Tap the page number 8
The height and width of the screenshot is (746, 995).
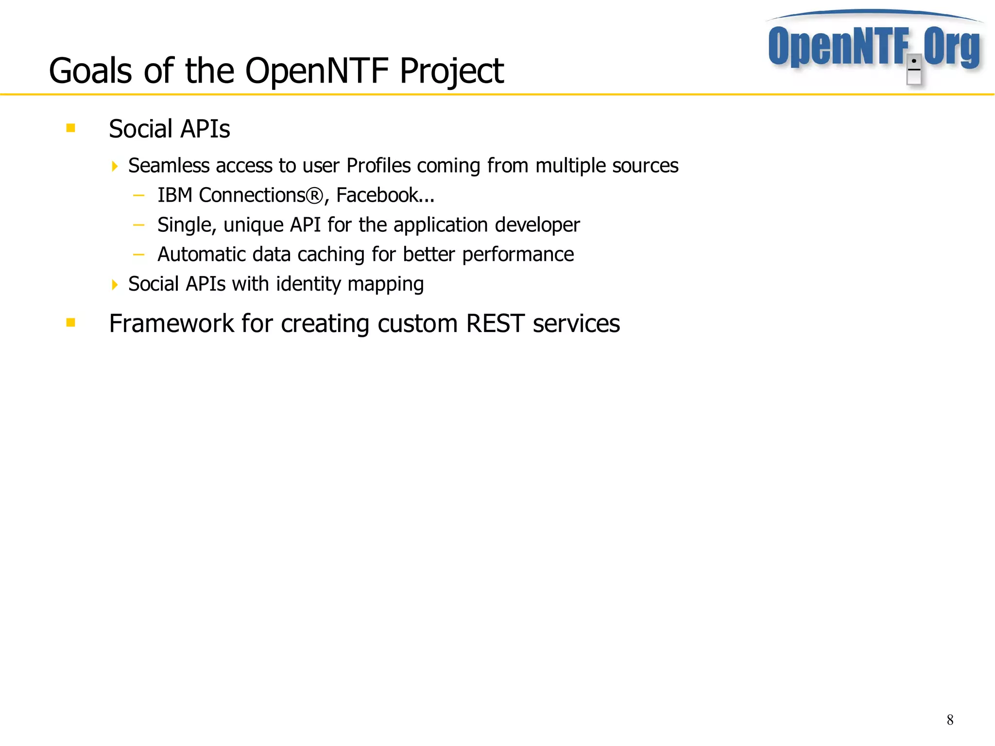pyautogui.click(x=950, y=720)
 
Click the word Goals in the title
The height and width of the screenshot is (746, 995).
pyautogui.click(x=90, y=71)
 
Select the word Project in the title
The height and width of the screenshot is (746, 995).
pyautogui.click(x=451, y=71)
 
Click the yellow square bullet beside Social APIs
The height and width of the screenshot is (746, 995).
pyautogui.click(x=71, y=128)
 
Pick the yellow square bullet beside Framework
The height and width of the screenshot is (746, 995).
pyautogui.click(x=71, y=323)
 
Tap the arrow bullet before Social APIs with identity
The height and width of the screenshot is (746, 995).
pyautogui.click(x=115, y=285)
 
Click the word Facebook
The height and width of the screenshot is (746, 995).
pyautogui.click(x=377, y=195)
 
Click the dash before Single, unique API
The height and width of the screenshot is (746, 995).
pyautogui.click(x=139, y=225)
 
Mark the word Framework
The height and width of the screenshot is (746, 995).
pyautogui.click(x=171, y=324)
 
